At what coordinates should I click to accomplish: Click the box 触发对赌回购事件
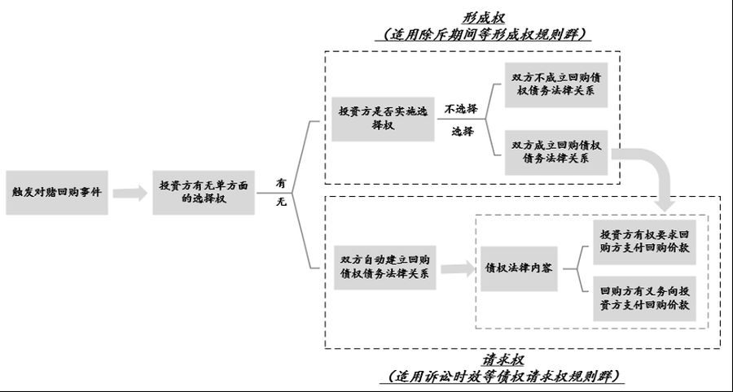(57, 193)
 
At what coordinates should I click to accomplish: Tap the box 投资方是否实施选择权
(384, 119)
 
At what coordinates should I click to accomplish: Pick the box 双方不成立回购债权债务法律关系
(556, 85)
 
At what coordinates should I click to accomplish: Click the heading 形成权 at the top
(485, 18)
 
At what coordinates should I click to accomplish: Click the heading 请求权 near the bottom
(505, 359)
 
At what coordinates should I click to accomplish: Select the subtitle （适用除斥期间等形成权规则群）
(485, 35)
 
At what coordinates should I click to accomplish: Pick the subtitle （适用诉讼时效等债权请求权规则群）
(505, 376)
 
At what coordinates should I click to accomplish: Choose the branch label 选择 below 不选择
(462, 131)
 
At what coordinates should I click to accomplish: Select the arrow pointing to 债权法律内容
(458, 266)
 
